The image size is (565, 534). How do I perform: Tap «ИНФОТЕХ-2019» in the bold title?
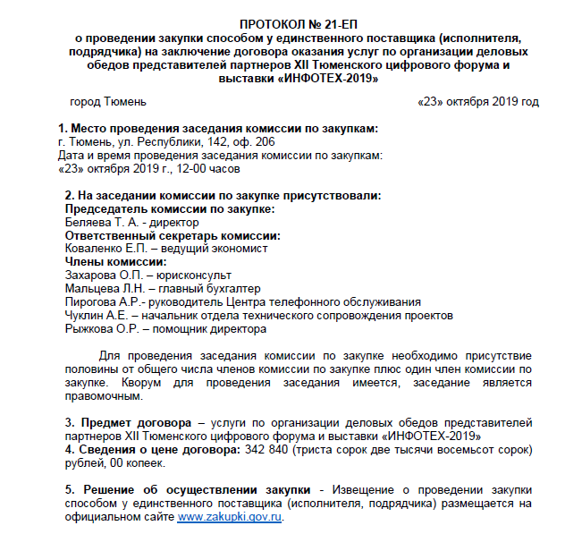[x=329, y=79]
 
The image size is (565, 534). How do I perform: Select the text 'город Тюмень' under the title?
[x=101, y=102]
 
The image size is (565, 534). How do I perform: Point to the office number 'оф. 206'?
[x=254, y=142]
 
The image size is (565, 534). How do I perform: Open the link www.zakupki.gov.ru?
[x=231, y=516]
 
